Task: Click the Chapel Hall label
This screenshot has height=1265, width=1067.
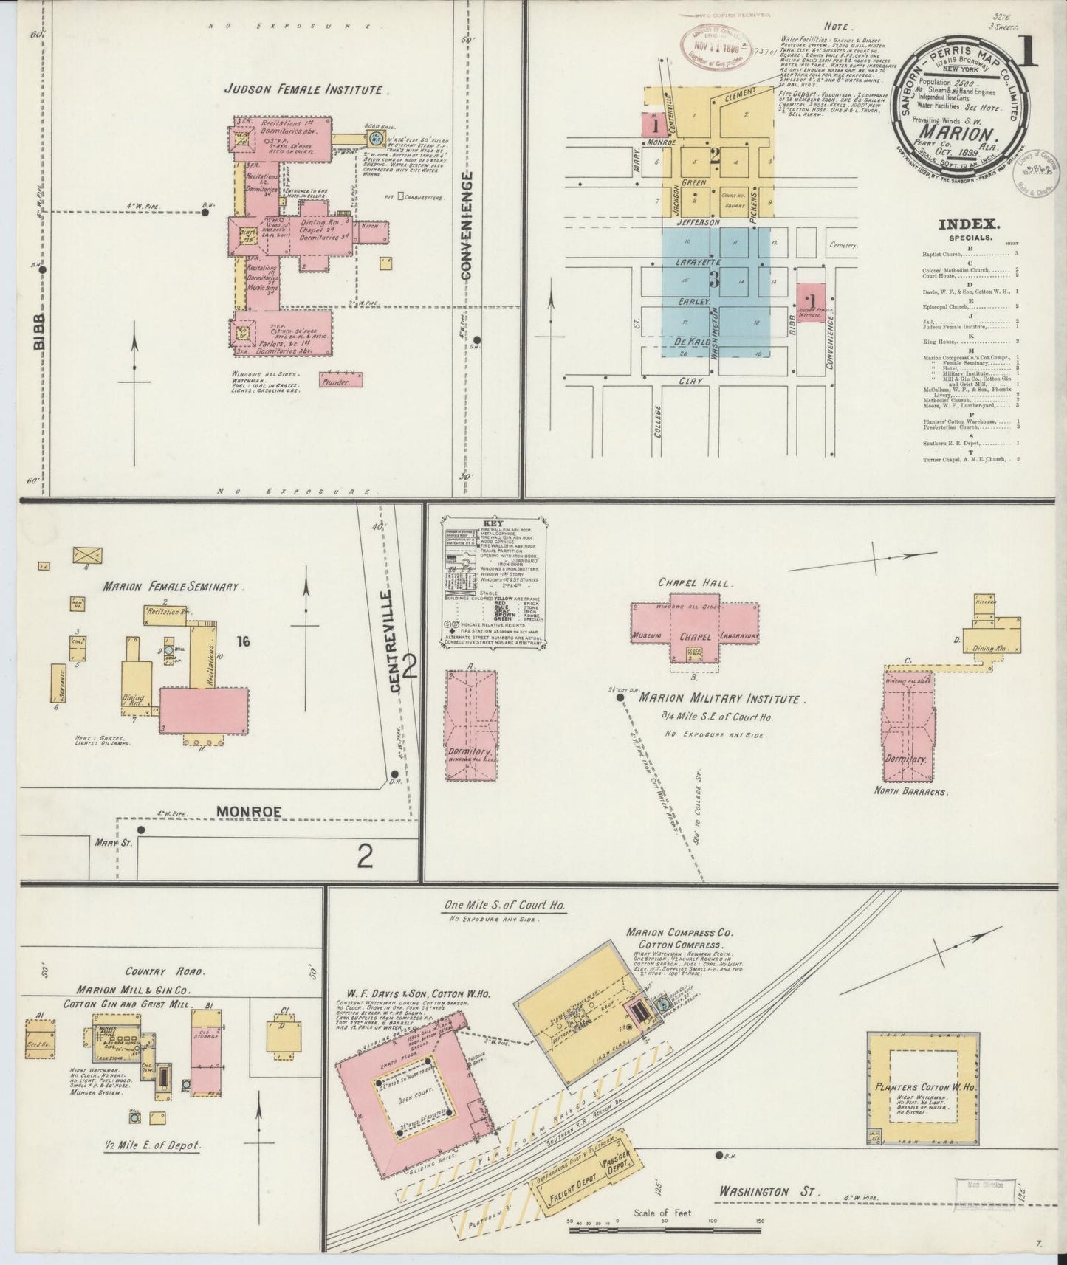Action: click(693, 583)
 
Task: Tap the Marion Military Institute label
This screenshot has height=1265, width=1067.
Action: click(719, 698)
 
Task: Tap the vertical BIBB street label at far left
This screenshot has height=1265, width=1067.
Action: click(38, 331)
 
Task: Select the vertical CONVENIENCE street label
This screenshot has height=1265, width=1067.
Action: click(467, 225)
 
